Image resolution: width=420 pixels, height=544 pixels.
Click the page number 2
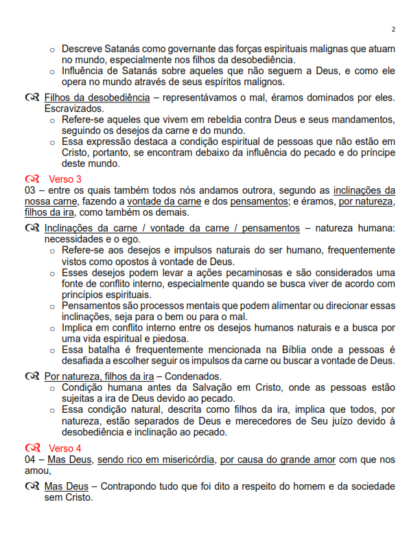(x=393, y=30)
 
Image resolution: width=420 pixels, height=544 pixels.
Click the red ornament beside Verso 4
(x=32, y=449)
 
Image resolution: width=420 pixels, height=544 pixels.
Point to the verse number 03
(x=30, y=190)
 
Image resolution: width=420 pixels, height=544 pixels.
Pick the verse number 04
(x=30, y=460)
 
